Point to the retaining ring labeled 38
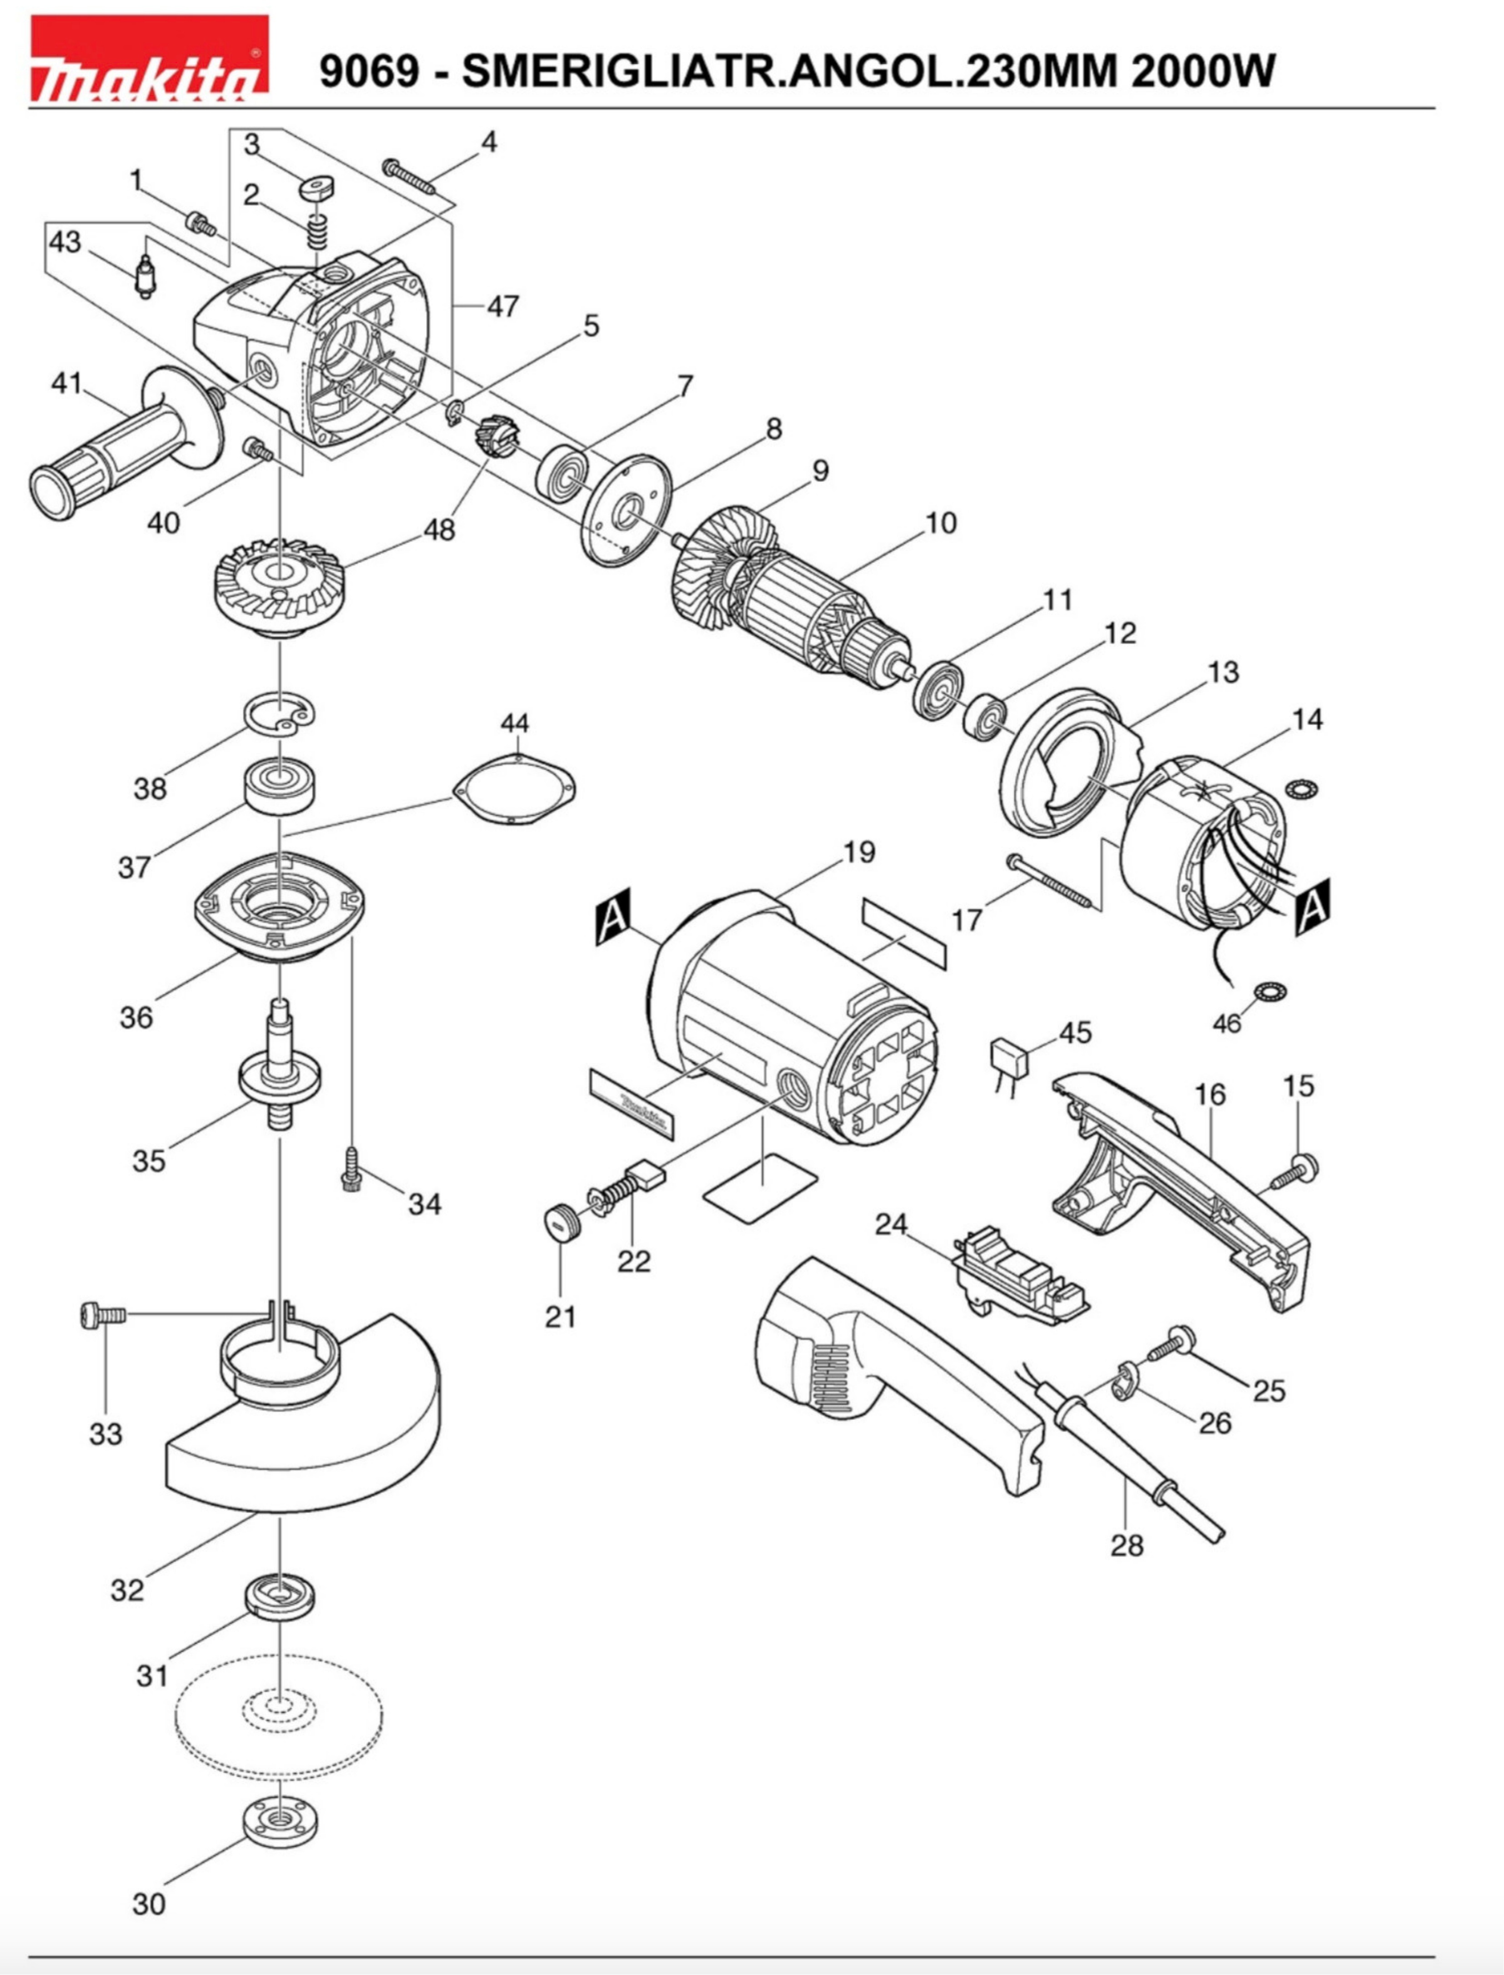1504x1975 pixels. point(280,716)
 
